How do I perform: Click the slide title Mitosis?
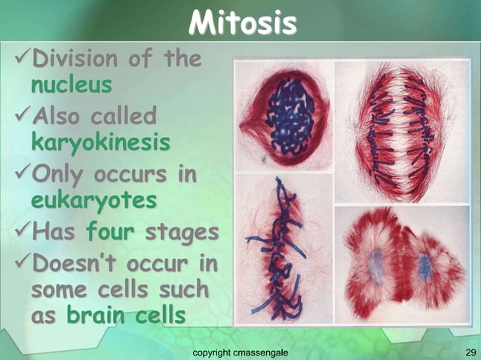[241, 24]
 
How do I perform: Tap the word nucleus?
[71, 84]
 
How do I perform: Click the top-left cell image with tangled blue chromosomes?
[283, 116]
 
